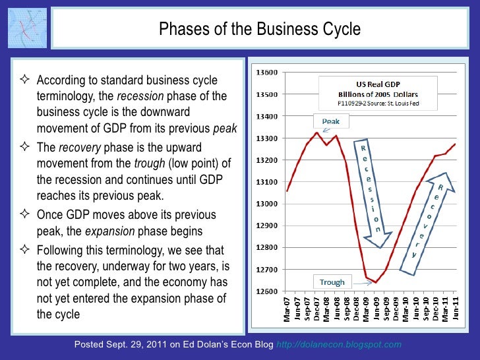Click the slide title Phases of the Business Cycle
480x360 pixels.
pyautogui.click(x=260, y=30)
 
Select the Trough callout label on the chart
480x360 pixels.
pyautogui.click(x=332, y=282)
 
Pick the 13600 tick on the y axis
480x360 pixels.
pyautogui.click(x=267, y=72)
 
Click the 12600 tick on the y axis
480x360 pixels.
pyautogui.click(x=267, y=291)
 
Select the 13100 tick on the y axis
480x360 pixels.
pyautogui.click(x=267, y=182)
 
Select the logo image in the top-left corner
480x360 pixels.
pyautogui.click(x=28, y=28)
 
